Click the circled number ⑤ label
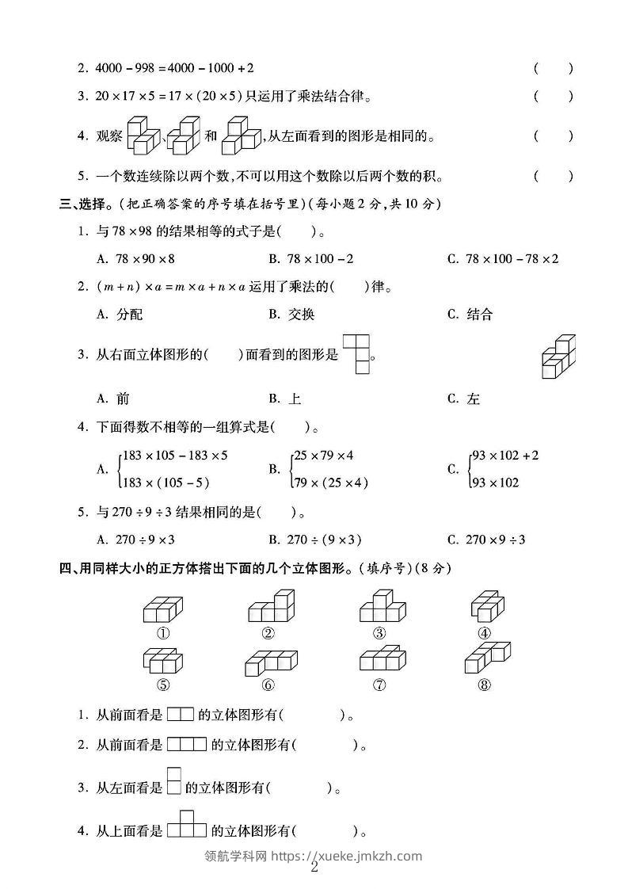[163, 686]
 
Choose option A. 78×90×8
[135, 259]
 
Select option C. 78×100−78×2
[503, 259]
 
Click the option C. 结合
[470, 315]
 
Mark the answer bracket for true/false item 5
[553, 176]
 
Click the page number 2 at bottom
[314, 867]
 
